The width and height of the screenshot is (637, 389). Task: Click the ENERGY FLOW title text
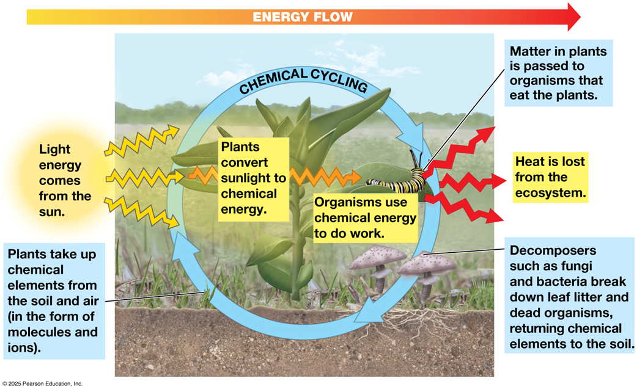[303, 17]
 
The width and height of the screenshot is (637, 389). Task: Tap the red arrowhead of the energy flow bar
[573, 17]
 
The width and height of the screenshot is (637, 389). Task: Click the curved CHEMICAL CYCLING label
[303, 80]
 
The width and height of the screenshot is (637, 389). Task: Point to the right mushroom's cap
[427, 264]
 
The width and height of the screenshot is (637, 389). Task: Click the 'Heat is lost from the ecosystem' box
[550, 177]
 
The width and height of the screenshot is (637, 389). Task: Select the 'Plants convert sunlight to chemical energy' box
[254, 179]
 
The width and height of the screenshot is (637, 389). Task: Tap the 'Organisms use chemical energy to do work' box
[365, 218]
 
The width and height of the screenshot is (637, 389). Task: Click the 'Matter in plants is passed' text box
[559, 73]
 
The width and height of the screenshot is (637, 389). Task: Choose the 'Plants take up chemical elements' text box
[54, 301]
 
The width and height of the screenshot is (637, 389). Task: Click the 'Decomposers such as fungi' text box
[570, 297]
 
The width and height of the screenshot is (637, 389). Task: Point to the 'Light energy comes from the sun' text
[65, 180]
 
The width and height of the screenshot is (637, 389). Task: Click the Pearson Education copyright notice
[42, 384]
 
